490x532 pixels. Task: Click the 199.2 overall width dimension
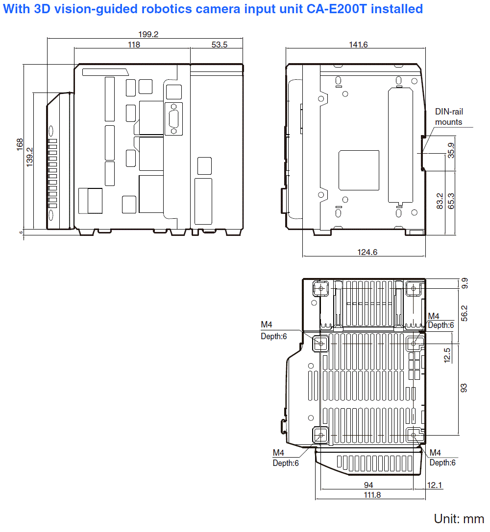coord(148,34)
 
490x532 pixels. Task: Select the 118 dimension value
coord(133,45)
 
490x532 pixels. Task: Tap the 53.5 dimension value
coord(220,45)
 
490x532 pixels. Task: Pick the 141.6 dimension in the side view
coord(358,45)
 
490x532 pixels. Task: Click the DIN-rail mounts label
coord(449,117)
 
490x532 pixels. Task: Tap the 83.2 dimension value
coord(440,201)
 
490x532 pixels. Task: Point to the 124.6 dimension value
coord(365,253)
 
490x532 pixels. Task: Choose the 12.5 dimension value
coord(447,356)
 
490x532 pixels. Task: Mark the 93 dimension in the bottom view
coord(464,388)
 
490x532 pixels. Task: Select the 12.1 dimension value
coord(435,485)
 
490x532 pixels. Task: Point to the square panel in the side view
coord(359,170)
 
